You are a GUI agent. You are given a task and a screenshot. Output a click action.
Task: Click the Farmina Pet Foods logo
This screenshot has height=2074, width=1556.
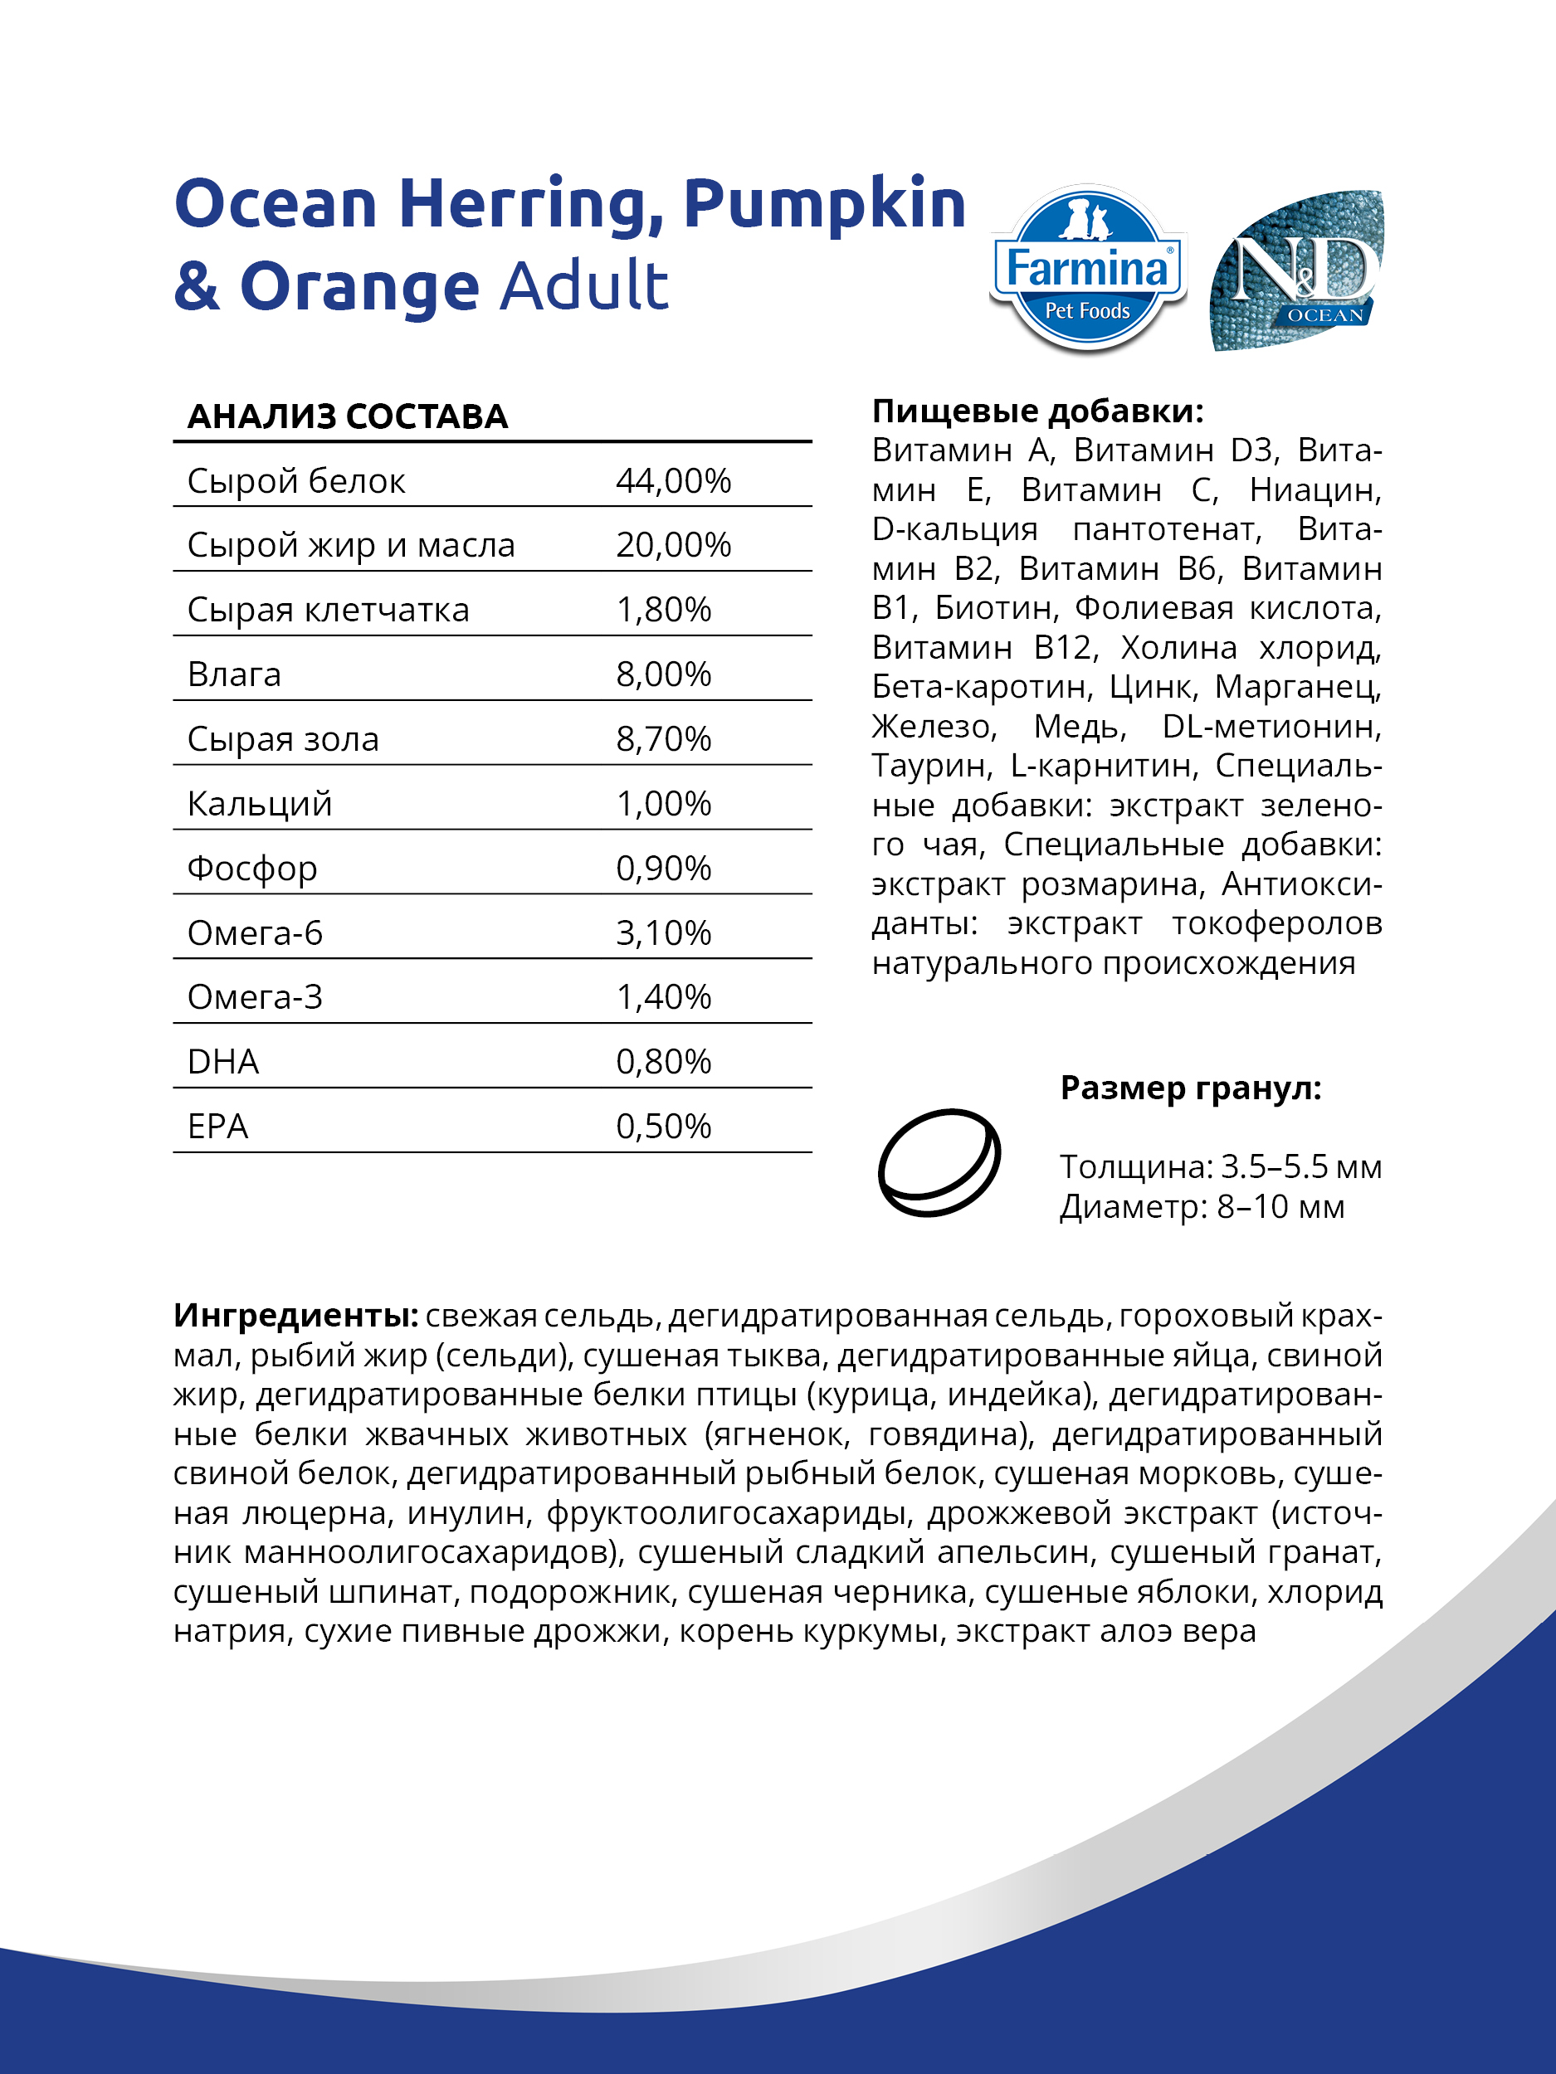point(1087,270)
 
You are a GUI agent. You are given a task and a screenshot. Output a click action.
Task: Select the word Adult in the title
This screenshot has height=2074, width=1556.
point(583,286)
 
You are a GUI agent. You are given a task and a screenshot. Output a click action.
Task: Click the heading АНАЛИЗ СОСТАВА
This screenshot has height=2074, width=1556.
point(347,416)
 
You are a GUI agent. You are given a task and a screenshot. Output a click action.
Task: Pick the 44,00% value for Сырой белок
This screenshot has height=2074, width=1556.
point(672,481)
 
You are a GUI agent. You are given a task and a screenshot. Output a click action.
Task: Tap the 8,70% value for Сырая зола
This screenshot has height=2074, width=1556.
point(663,740)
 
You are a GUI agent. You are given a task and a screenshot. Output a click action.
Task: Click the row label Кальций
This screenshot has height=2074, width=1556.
point(260,805)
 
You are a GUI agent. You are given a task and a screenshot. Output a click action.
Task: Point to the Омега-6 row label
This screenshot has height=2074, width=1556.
point(254,934)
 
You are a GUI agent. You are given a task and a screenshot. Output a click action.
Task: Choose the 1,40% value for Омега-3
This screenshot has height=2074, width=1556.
point(663,998)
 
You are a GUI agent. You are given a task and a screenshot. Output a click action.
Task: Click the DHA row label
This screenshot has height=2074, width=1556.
point(223,1063)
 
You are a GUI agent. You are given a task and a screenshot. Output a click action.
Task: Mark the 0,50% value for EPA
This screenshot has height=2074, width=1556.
point(663,1127)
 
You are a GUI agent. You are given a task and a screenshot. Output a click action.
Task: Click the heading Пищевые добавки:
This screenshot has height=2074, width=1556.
point(1037,411)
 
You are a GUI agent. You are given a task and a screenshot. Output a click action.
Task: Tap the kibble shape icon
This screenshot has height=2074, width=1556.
point(939,1162)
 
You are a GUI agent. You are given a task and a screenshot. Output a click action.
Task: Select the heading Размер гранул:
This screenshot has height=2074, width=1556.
point(1190,1088)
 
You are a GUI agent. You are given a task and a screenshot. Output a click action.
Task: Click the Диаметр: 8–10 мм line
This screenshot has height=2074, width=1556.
point(1202,1207)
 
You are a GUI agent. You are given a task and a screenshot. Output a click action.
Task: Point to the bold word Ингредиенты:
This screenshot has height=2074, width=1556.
point(295,1316)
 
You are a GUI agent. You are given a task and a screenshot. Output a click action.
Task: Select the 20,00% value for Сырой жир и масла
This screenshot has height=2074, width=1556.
point(672,546)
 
